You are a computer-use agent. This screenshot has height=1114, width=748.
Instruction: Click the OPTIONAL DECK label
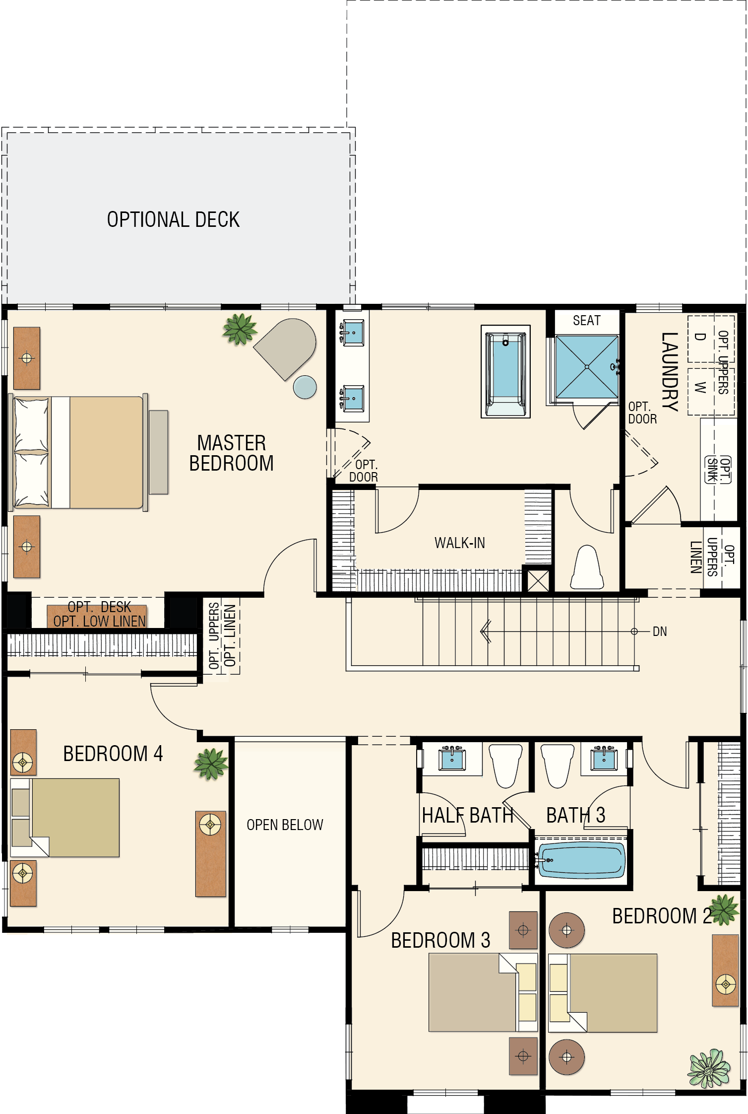pos(173,219)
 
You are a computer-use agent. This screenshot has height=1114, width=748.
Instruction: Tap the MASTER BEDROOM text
pos(231,453)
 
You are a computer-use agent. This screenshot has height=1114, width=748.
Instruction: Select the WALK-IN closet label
pos(459,543)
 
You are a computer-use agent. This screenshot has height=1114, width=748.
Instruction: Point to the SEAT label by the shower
pos(586,321)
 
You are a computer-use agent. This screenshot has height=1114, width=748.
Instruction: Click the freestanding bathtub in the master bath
pos(505,371)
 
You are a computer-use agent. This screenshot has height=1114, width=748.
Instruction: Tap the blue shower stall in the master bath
pos(587,367)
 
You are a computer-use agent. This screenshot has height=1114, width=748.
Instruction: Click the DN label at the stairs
pos(659,631)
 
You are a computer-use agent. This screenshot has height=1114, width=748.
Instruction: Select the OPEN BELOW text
pos(285,825)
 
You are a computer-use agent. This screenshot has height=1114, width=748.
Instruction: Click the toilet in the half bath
pos(506,765)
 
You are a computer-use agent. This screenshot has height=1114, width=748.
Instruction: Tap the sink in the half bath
pos(452,759)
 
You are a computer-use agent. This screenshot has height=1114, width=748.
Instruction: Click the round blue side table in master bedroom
pos(305,387)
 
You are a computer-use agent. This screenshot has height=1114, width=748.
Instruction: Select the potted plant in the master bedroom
pos(240,329)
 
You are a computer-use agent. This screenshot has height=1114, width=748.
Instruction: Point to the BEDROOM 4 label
pos(113,754)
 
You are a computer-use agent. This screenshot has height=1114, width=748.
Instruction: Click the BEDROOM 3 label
pos(440,940)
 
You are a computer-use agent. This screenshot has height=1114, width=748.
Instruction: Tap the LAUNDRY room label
pos(670,372)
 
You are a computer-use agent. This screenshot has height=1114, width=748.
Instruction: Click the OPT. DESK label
pos(99,607)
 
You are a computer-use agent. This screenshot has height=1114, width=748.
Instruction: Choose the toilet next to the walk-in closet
pos(587,567)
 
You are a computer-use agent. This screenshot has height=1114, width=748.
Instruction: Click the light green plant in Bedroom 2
pos(709,1068)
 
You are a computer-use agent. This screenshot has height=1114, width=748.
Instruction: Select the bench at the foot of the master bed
pos(158,452)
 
